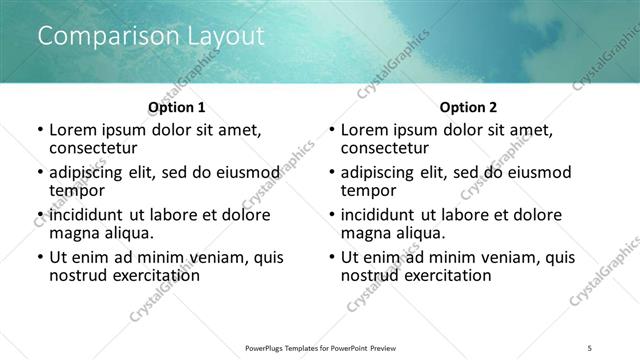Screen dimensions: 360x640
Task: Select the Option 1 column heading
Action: (177, 107)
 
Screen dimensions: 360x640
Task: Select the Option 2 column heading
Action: (469, 107)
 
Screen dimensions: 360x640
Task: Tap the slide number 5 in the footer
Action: (590, 347)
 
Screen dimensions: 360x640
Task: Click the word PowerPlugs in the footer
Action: (269, 347)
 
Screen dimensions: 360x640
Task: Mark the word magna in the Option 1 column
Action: (75, 232)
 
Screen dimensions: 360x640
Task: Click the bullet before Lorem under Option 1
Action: (40, 130)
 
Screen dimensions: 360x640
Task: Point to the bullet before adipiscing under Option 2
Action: (332, 172)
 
